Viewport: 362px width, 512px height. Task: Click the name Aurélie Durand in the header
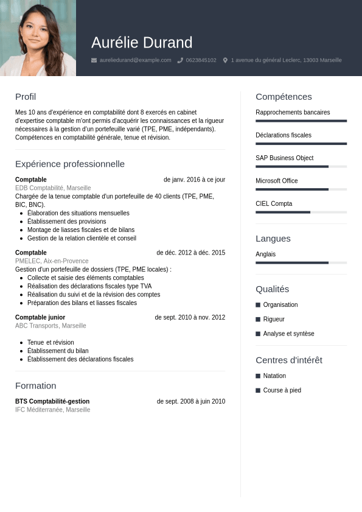[x=142, y=43]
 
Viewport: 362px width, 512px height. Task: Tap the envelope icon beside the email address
[x=94, y=60]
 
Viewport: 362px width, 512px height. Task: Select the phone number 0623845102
[x=201, y=60]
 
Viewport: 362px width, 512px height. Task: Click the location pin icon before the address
[x=225, y=60]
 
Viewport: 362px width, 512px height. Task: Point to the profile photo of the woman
[x=38, y=38]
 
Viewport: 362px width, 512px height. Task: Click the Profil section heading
[x=26, y=97]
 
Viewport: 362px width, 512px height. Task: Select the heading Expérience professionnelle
[x=70, y=164]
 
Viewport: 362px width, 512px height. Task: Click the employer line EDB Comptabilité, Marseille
[x=53, y=188]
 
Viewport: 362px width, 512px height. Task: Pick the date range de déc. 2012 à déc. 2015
[x=190, y=253]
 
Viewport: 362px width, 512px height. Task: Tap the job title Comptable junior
[x=40, y=317]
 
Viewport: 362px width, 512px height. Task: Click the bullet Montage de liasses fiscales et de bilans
[x=81, y=230]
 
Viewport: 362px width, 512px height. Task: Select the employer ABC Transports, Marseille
[x=50, y=326]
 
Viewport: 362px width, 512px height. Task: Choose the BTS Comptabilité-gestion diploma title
[x=52, y=401]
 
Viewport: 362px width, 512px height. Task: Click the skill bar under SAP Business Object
[x=301, y=166]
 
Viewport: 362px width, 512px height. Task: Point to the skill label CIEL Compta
[x=274, y=203]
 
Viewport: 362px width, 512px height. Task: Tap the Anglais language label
[x=265, y=254]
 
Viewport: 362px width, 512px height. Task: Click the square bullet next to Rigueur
[x=258, y=319]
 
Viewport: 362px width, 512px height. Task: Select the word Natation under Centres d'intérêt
[x=274, y=376]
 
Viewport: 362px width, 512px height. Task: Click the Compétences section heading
[x=284, y=97]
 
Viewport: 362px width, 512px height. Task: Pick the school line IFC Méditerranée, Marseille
[x=52, y=410]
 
